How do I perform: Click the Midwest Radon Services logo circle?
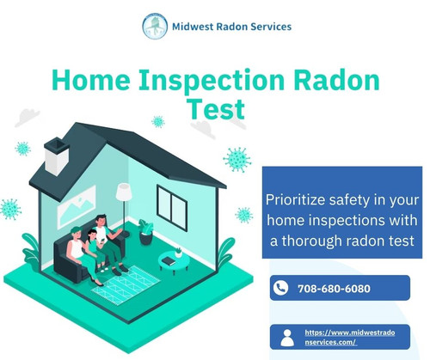click(x=155, y=26)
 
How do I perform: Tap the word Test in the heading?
click(x=215, y=110)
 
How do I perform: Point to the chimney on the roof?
click(x=57, y=157)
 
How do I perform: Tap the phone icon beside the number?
click(x=280, y=288)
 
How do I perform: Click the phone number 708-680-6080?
click(x=334, y=289)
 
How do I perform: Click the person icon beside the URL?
click(x=287, y=337)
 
